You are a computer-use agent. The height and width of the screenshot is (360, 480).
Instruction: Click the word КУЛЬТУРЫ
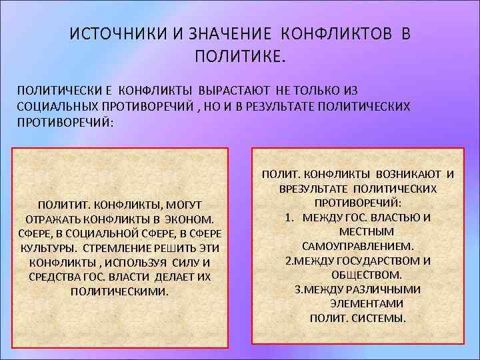(42, 248)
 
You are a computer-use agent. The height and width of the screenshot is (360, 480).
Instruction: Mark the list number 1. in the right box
(290, 217)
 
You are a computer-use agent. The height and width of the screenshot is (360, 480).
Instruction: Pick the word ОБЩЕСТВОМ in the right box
(366, 275)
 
